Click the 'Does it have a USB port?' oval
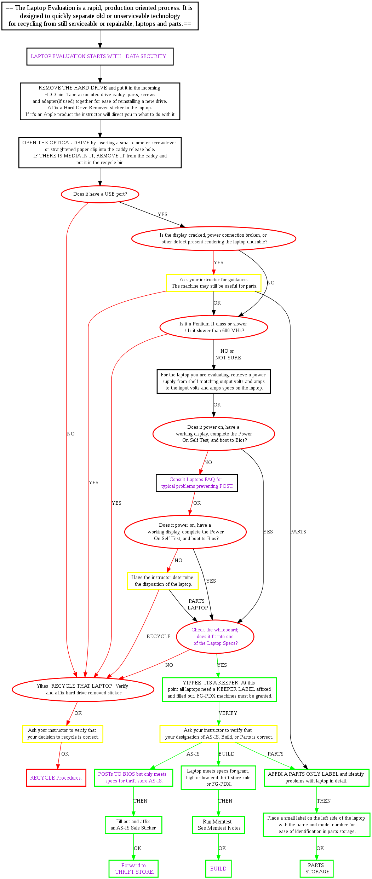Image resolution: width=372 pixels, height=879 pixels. click(100, 194)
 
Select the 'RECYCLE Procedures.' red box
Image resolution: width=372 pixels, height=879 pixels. click(56, 777)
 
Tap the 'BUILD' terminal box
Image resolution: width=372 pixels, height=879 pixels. click(218, 868)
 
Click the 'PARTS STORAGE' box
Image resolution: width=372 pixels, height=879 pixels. click(317, 868)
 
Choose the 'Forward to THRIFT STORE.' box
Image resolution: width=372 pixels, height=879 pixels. click(134, 868)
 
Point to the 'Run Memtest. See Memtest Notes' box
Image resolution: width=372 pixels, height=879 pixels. click(219, 825)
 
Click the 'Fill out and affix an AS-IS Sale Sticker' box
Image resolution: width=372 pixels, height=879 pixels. click(133, 825)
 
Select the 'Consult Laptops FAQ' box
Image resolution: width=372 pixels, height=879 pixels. click(197, 483)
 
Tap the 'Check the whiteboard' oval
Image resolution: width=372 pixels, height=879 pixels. click(215, 636)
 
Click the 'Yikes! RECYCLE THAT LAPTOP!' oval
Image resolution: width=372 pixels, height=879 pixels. click(83, 689)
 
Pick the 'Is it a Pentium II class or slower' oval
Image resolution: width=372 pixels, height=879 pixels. click(213, 327)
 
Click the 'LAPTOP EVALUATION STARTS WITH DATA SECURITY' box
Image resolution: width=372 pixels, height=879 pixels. click(100, 56)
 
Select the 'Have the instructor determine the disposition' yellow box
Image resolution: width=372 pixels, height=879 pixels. click(163, 581)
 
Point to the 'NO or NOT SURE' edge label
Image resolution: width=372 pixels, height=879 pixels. click(228, 354)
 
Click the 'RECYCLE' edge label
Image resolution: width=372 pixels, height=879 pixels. click(159, 636)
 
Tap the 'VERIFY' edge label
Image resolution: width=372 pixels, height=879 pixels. click(228, 713)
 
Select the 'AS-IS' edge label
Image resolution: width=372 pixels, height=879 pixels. click(193, 754)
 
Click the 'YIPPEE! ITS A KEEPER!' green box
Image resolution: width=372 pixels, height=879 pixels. click(219, 689)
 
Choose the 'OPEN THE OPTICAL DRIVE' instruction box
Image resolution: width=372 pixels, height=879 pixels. click(100, 152)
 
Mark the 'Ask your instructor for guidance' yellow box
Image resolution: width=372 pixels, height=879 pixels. click(213, 283)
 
